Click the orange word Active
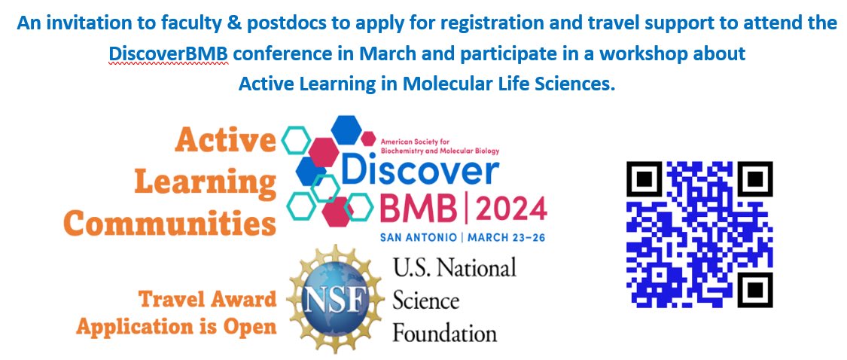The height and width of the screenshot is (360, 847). [x=227, y=141]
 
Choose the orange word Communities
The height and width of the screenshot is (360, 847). [x=169, y=222]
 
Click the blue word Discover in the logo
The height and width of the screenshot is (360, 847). [x=420, y=172]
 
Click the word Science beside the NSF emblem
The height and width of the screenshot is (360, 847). [x=425, y=301]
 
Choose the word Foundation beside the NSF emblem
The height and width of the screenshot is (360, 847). [x=444, y=332]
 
